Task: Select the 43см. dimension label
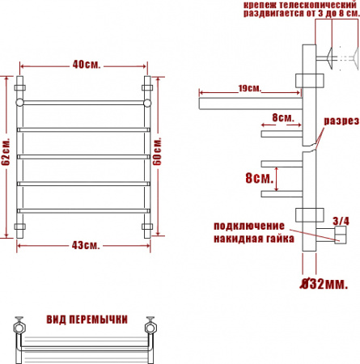[x=83, y=244]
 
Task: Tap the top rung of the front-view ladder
[x=83, y=103]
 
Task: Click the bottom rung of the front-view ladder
[x=83, y=211]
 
